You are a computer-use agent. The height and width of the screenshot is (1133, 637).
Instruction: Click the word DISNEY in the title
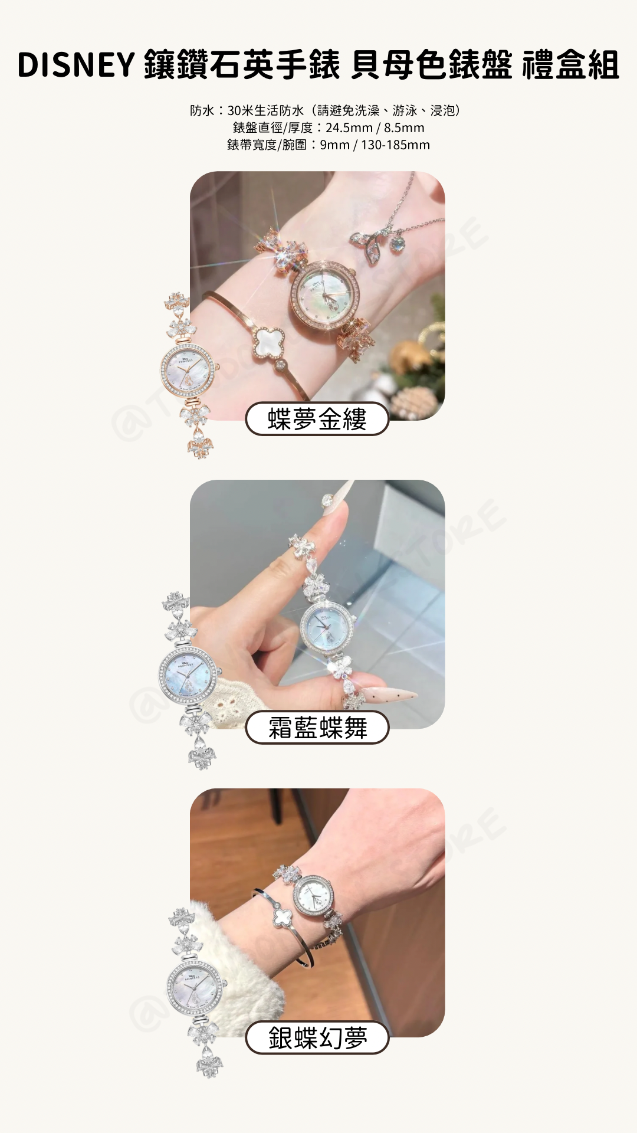point(76,65)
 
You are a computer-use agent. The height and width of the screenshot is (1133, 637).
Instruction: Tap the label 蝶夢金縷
point(317,419)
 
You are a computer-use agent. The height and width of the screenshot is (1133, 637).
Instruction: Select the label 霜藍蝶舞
point(317,728)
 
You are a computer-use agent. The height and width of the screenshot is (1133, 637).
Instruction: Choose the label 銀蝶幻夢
point(317,1037)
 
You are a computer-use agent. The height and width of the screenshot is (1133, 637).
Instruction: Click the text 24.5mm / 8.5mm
point(375,127)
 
